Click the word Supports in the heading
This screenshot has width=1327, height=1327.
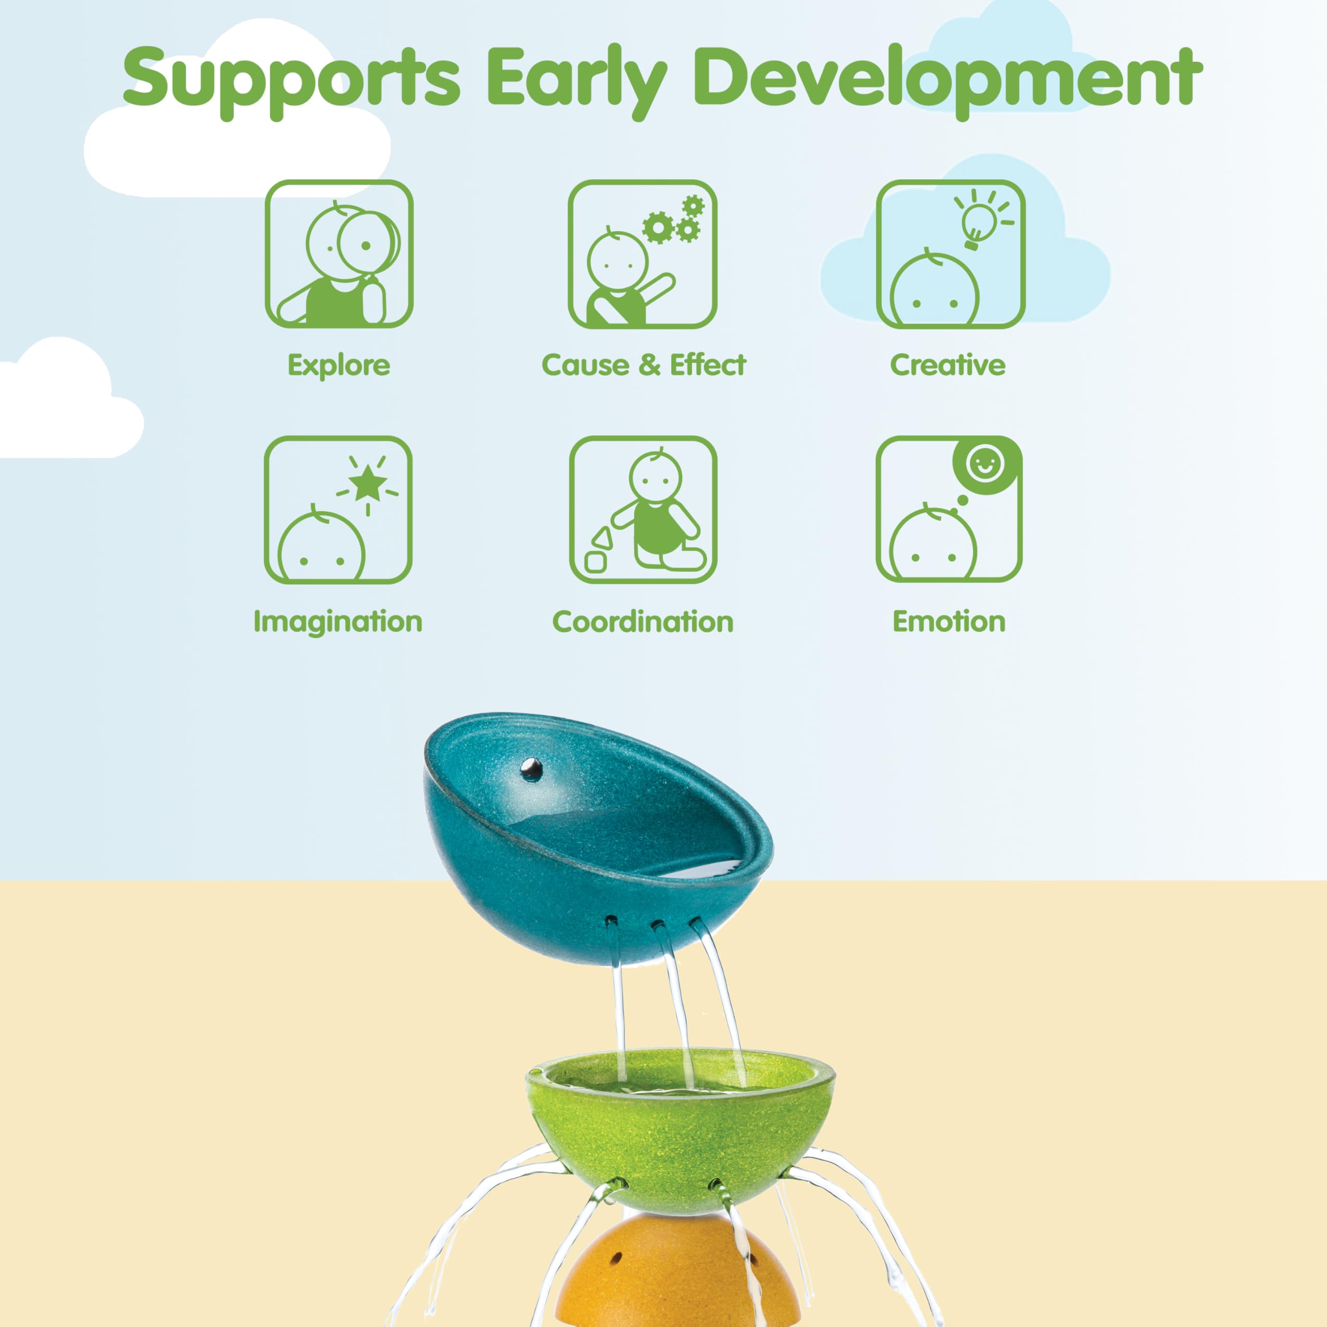291,81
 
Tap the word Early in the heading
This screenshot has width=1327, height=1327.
577,81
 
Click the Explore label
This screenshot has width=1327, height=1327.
338,365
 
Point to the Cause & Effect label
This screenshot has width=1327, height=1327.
644,365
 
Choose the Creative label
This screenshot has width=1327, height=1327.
948,365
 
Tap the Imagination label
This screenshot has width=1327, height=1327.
338,622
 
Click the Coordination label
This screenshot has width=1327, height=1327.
643,622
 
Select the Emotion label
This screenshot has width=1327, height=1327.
949,622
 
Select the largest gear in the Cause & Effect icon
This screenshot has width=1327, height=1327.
658,228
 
